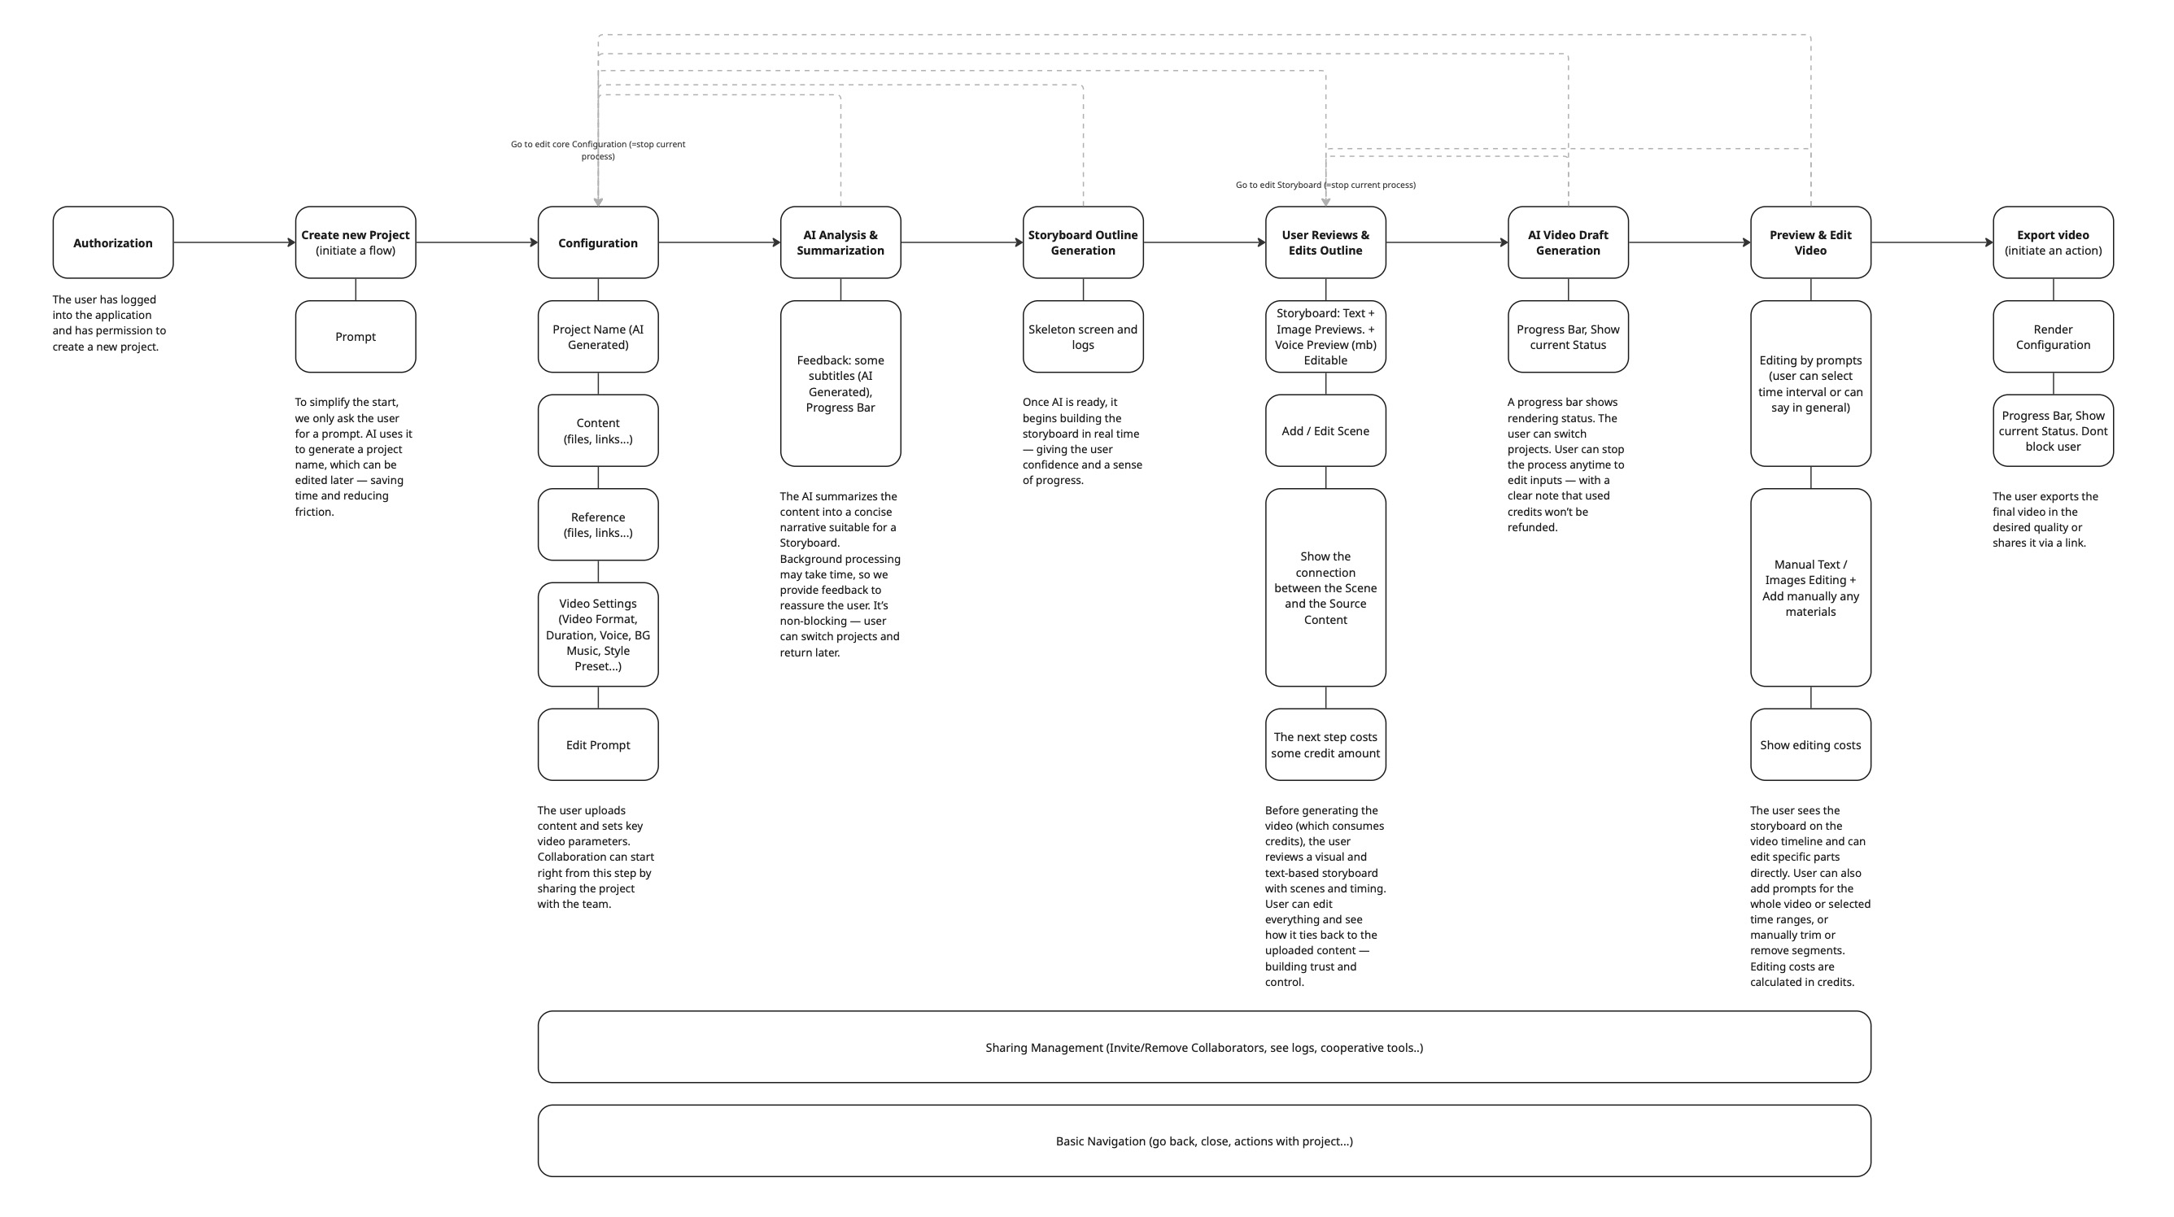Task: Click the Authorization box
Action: [x=113, y=242]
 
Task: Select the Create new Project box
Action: [x=356, y=242]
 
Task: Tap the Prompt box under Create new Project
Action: [x=356, y=337]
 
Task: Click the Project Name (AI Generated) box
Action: [x=597, y=337]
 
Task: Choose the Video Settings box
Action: [x=597, y=635]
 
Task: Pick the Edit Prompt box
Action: [x=597, y=744]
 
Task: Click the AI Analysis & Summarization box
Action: [x=840, y=242]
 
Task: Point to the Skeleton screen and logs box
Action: [x=1083, y=337]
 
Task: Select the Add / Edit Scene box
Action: [x=1325, y=430]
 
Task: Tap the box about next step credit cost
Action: [x=1325, y=744]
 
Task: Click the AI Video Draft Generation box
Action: [x=1568, y=242]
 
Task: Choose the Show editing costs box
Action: [x=1810, y=744]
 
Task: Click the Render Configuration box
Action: [x=2053, y=337]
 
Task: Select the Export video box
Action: [x=2053, y=242]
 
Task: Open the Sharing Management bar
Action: [x=1203, y=1047]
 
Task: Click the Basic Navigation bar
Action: [x=1203, y=1141]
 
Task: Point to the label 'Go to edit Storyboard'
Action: [x=1325, y=185]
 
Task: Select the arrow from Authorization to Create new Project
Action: [x=234, y=242]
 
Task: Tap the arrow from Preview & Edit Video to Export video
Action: [x=1932, y=242]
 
